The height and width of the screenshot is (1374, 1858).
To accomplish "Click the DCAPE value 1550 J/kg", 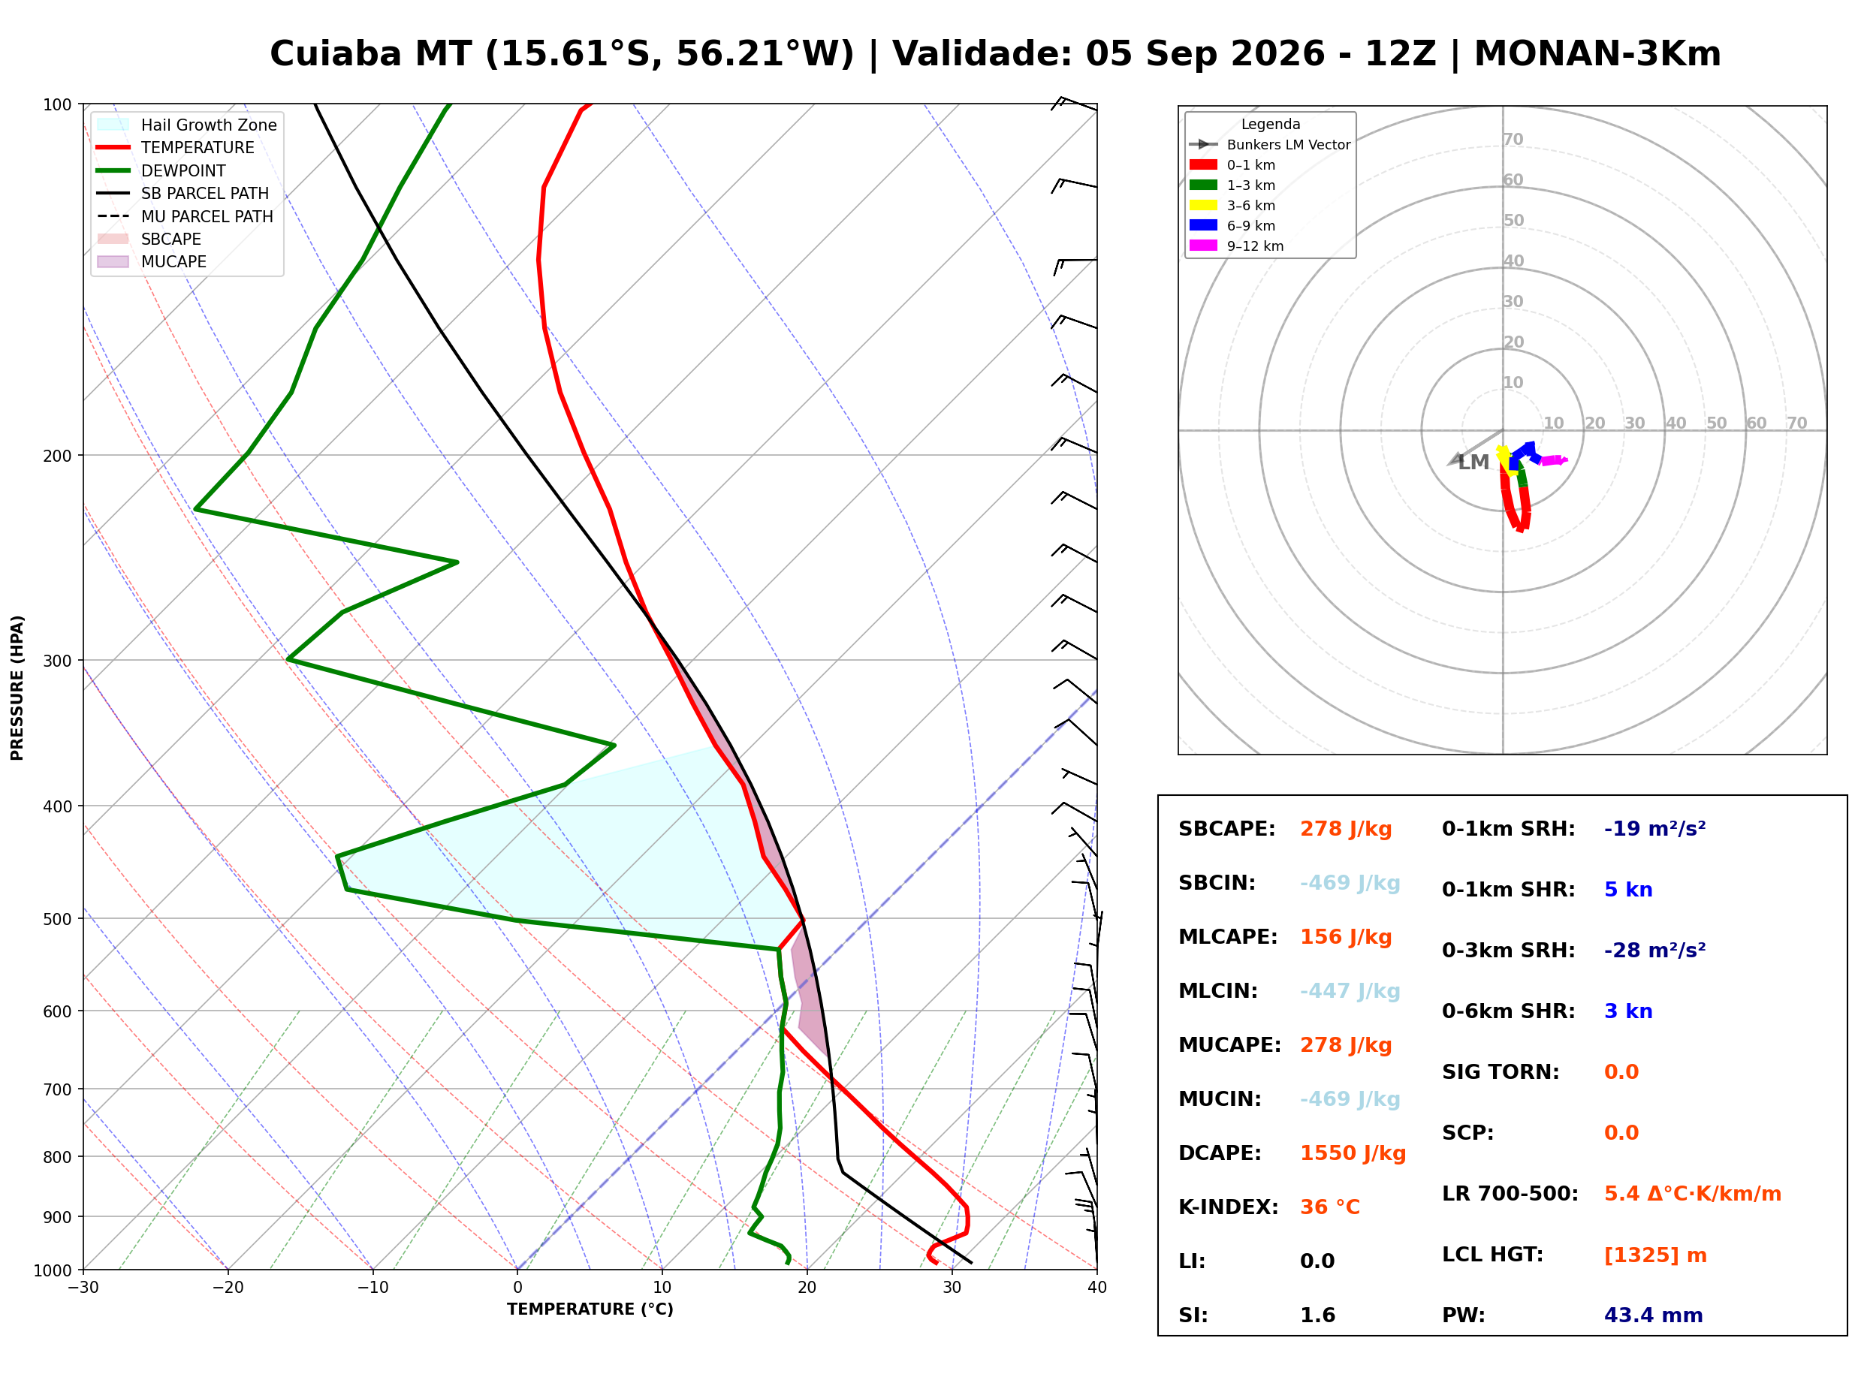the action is [1353, 1153].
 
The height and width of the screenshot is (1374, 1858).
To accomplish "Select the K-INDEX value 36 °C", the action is [1330, 1207].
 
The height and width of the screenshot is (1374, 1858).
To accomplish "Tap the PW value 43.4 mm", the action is [1654, 1315].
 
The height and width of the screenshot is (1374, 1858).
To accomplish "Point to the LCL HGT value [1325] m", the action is [1655, 1255].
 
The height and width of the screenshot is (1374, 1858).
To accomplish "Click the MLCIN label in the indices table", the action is [1217, 991].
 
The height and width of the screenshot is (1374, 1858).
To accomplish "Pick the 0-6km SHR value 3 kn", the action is [1627, 1011].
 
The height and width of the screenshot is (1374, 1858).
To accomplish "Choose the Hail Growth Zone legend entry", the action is [187, 125].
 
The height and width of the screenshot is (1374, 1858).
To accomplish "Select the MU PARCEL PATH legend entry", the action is [185, 216].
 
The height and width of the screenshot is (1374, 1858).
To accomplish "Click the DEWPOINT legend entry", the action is [161, 170].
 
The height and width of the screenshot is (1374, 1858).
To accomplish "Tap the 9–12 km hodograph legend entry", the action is [1237, 246].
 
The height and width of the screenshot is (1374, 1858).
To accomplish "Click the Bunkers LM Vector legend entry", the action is [1270, 145].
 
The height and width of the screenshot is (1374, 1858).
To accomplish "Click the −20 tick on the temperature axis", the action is [227, 1288].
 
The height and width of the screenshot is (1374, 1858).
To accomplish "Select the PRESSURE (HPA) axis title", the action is [17, 688].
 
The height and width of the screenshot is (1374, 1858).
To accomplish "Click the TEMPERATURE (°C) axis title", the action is [590, 1309].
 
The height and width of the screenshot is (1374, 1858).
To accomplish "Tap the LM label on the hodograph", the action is [1473, 463].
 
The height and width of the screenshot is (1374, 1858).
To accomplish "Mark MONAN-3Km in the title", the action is [1597, 54].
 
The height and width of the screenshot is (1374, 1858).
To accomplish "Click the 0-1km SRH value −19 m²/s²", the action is [1655, 828].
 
